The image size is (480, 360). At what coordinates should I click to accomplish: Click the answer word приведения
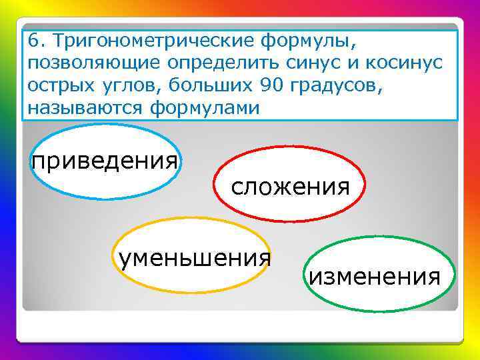105,161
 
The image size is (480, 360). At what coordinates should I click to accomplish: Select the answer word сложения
290,186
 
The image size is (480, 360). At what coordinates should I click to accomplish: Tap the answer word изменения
374,275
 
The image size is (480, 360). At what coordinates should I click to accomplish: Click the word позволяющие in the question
96,63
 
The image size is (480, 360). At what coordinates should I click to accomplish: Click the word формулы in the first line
309,41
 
